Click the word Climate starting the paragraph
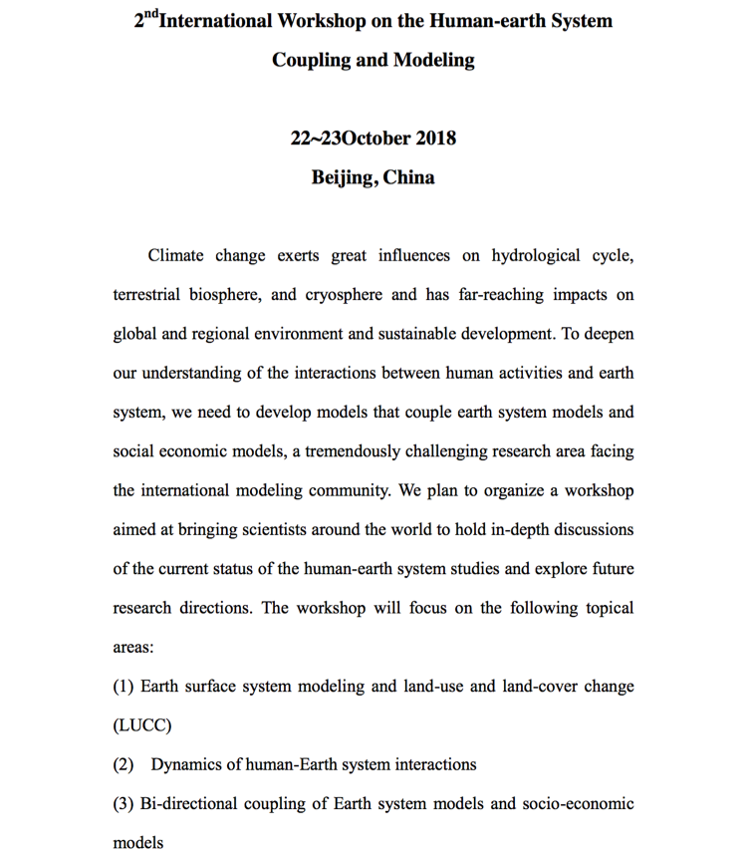[176, 255]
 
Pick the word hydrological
[532, 255]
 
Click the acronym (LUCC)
[142, 725]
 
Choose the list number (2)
[124, 764]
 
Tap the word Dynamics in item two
[189, 764]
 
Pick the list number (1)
[124, 687]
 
